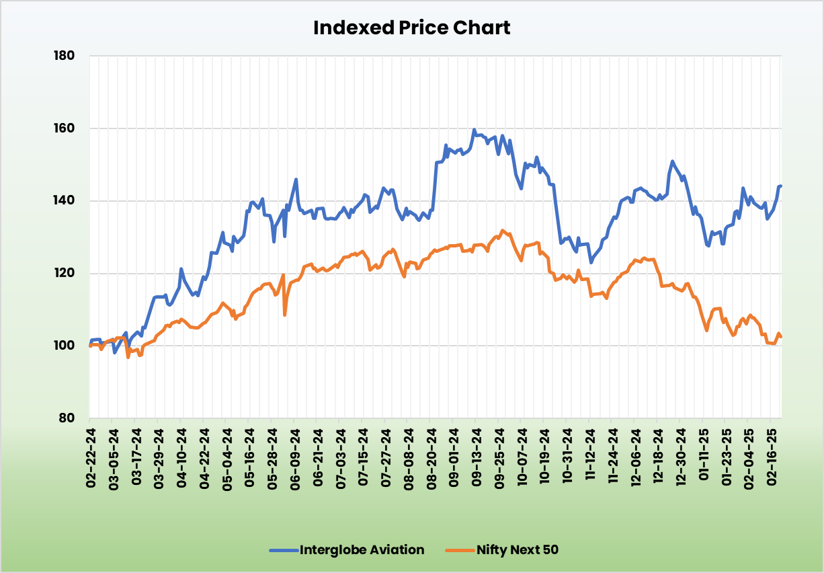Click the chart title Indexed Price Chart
tap(412, 28)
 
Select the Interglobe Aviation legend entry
tap(347, 549)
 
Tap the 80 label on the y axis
tap(67, 418)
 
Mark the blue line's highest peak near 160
tap(475, 130)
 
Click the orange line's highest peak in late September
tap(503, 230)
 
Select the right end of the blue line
tap(780, 186)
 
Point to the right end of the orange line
tap(781, 337)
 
